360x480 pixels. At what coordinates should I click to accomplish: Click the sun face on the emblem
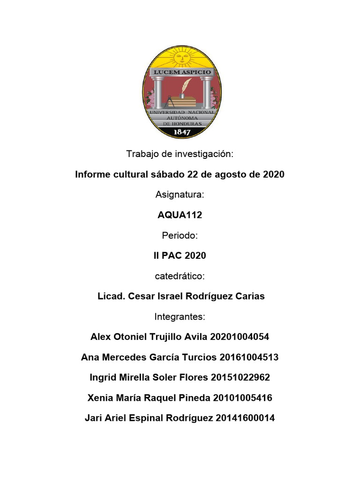click(181, 58)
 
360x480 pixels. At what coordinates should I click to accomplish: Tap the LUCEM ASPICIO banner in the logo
click(180, 73)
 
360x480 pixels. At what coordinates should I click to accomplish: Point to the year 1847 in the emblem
click(181, 132)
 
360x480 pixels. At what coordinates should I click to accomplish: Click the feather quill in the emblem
click(186, 86)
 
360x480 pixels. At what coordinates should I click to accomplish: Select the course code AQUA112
click(180, 215)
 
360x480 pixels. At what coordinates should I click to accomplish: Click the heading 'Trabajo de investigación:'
click(180, 154)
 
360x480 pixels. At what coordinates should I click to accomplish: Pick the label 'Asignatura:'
click(180, 195)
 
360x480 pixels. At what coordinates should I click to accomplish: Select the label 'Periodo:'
click(180, 235)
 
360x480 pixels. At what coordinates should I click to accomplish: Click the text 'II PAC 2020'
click(180, 256)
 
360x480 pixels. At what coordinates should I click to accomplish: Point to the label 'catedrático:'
click(180, 276)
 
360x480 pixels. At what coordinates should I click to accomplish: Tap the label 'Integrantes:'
click(180, 317)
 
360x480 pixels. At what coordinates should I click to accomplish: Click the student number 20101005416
click(242, 398)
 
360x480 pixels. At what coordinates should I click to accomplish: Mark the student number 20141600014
click(245, 419)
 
